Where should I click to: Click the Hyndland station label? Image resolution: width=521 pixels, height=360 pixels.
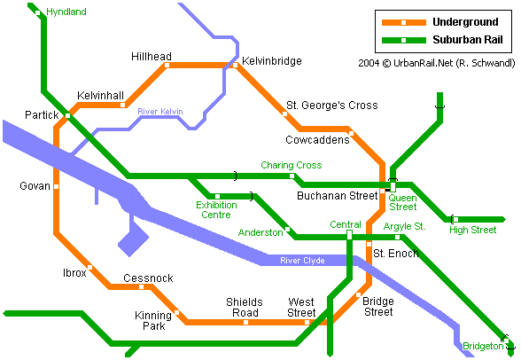pyautogui.click(x=66, y=12)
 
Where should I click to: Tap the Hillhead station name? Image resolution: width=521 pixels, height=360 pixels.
pyautogui.click(x=151, y=57)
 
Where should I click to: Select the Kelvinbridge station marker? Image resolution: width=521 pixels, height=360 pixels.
pyautogui.click(x=235, y=65)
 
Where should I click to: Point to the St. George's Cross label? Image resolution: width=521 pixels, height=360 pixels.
pyautogui.click(x=331, y=106)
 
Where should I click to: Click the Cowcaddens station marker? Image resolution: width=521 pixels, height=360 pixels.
pyautogui.click(x=351, y=134)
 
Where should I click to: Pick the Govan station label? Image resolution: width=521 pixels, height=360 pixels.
pyautogui.click(x=35, y=186)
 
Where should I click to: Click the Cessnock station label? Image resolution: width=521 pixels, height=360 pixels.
pyautogui.click(x=148, y=278)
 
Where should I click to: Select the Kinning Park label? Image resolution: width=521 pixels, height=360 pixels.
pyautogui.click(x=152, y=321)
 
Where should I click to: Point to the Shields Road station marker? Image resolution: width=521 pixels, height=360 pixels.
pyautogui.click(x=246, y=321)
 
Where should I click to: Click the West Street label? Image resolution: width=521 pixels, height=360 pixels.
pyautogui.click(x=301, y=307)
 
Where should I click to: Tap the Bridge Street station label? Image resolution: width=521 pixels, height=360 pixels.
pyautogui.click(x=378, y=307)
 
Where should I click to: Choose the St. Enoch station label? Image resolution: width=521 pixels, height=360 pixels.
pyautogui.click(x=389, y=254)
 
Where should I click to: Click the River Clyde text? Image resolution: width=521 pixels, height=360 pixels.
pyautogui.click(x=302, y=261)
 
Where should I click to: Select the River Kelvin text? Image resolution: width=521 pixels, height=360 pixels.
pyautogui.click(x=160, y=112)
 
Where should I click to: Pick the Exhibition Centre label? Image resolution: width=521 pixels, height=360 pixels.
pyautogui.click(x=216, y=209)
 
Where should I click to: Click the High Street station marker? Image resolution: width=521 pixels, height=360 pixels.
pyautogui.click(x=454, y=219)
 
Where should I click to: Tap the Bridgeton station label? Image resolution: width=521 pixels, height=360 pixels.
pyautogui.click(x=482, y=346)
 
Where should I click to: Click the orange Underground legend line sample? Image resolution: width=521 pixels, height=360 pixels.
pyautogui.click(x=402, y=21)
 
